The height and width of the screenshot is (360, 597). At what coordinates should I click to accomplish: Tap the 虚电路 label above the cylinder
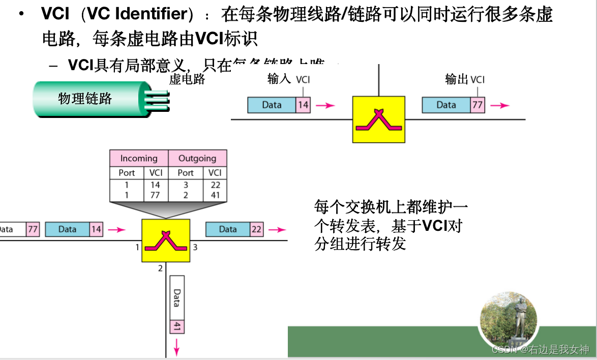pyautogui.click(x=187, y=79)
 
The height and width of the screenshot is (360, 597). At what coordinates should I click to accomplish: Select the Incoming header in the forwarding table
pyautogui.click(x=139, y=158)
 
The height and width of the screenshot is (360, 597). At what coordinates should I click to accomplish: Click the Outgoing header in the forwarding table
pyautogui.click(x=197, y=158)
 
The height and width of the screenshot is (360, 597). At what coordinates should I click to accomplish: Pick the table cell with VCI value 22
pyautogui.click(x=215, y=185)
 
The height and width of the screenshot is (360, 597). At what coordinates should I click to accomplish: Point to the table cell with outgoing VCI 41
pyautogui.click(x=215, y=195)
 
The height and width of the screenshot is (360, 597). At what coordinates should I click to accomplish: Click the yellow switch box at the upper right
pyautogui.click(x=378, y=119)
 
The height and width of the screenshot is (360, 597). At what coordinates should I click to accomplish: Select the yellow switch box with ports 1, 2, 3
pyautogui.click(x=165, y=241)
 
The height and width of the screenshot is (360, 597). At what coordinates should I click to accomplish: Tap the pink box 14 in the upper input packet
pyautogui.click(x=303, y=105)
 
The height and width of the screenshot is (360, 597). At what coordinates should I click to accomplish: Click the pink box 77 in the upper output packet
pyautogui.click(x=477, y=105)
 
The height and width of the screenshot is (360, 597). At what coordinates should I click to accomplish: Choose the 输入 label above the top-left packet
pyautogui.click(x=279, y=79)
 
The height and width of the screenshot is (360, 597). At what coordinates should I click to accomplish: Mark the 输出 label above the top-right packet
pyautogui.click(x=456, y=79)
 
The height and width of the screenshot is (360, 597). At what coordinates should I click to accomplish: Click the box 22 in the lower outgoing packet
pyautogui.click(x=256, y=229)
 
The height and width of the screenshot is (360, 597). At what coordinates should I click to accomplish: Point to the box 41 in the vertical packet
pyautogui.click(x=177, y=326)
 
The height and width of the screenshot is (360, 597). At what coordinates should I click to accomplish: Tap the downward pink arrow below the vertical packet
pyautogui.click(x=177, y=348)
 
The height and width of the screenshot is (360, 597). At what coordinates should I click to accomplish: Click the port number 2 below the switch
pyautogui.click(x=160, y=268)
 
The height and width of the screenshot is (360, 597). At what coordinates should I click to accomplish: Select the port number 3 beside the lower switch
pyautogui.click(x=195, y=248)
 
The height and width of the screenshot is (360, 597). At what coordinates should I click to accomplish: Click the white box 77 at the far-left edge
pyautogui.click(x=33, y=229)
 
